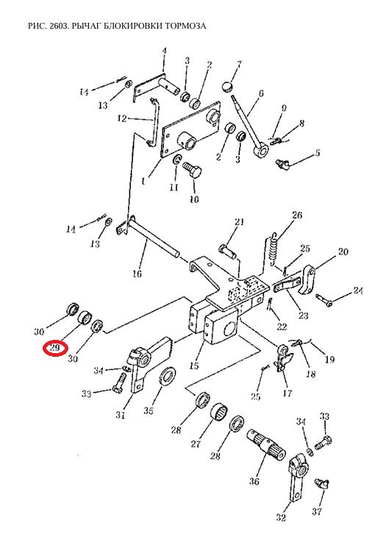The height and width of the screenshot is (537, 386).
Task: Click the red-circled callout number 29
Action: pyautogui.click(x=54, y=348)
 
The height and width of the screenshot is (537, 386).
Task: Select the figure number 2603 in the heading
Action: pyautogui.click(x=60, y=26)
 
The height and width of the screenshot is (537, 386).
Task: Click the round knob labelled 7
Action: pyautogui.click(x=226, y=86)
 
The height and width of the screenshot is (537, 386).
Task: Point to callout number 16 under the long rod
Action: pyautogui.click(x=137, y=274)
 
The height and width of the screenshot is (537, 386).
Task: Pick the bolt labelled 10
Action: pyautogui.click(x=193, y=169)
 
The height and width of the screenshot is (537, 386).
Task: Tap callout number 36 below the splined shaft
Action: pyautogui.click(x=254, y=481)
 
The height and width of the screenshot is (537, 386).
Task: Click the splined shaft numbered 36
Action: pyautogui.click(x=266, y=444)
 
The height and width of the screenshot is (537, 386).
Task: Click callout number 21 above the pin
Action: pyautogui.click(x=239, y=221)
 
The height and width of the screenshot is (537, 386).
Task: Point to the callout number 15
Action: pyautogui.click(x=193, y=366)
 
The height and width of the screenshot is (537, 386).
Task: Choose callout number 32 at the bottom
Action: pyautogui.click(x=281, y=517)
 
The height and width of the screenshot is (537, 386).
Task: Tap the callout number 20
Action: pyautogui.click(x=343, y=252)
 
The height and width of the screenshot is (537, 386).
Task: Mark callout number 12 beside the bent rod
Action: pyautogui.click(x=122, y=118)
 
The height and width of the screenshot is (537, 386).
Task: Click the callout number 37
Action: pyautogui.click(x=317, y=512)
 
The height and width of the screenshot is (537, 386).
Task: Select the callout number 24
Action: pyautogui.click(x=357, y=291)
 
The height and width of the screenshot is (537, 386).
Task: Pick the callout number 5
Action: pyautogui.click(x=318, y=152)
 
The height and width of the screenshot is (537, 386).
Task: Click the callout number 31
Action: pyautogui.click(x=120, y=415)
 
